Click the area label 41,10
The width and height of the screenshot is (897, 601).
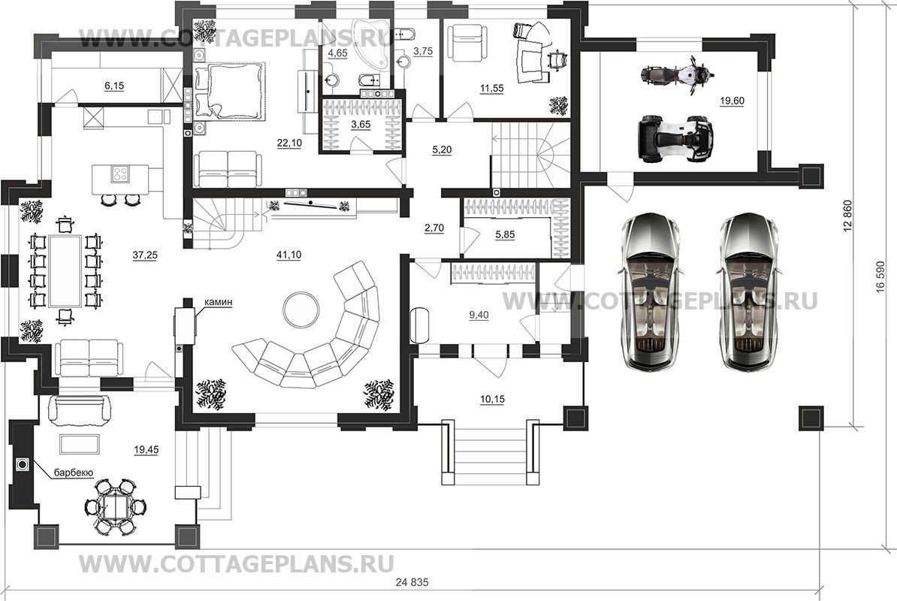coord(289,255)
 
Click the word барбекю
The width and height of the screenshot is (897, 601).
coord(72,473)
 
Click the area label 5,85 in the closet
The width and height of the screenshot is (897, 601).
coord(506,234)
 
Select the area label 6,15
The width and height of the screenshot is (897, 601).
coord(113,86)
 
